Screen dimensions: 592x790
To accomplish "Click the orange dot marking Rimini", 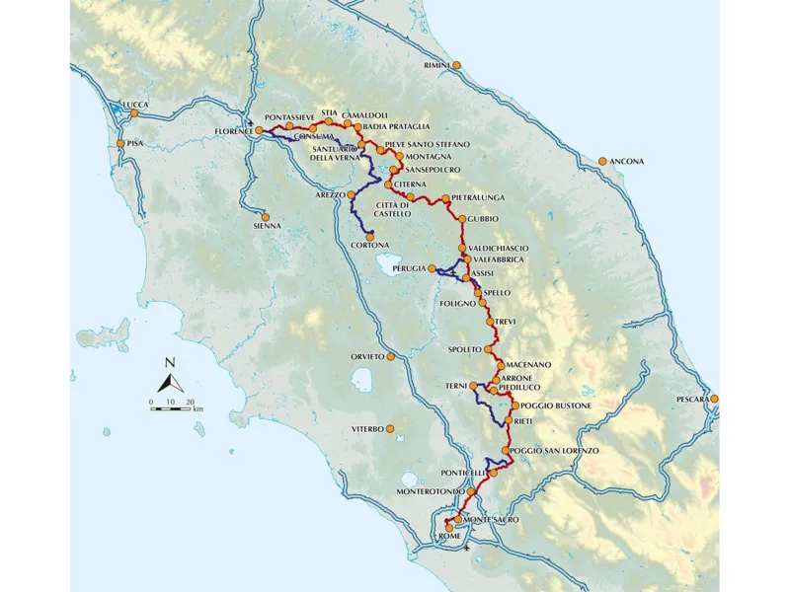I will [x=456, y=65].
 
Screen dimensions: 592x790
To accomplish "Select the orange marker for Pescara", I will [x=713, y=399].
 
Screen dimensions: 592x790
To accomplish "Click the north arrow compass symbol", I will [x=170, y=379].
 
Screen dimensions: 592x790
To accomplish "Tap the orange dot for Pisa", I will [x=120, y=144].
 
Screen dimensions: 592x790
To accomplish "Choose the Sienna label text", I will [x=268, y=226].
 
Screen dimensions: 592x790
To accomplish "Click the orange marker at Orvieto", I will [x=391, y=356].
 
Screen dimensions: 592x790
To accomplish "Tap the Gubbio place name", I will [x=484, y=218].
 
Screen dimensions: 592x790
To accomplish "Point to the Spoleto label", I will [x=463, y=349].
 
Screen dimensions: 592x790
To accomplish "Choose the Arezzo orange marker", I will [x=347, y=195].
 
